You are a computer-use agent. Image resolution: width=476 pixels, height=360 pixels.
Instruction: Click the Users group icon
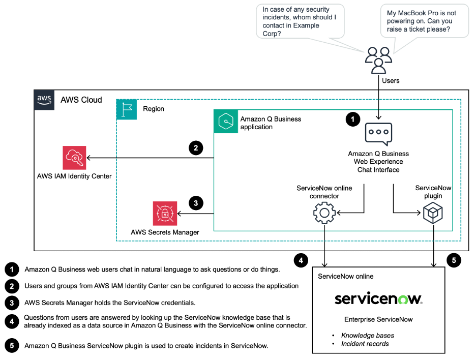click(378, 60)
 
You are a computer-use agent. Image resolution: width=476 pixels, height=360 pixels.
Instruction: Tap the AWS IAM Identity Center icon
click(74, 158)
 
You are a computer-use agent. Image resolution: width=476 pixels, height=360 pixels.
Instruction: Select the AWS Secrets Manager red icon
click(165, 214)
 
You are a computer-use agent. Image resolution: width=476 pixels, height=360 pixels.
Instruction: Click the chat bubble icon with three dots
click(378, 134)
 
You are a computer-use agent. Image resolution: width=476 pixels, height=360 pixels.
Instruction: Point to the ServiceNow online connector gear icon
click(324, 213)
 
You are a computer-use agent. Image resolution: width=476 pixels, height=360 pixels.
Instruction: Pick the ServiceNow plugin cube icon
click(433, 213)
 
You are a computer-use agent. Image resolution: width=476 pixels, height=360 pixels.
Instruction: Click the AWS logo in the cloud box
click(44, 100)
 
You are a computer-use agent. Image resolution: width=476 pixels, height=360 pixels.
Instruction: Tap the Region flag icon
click(127, 109)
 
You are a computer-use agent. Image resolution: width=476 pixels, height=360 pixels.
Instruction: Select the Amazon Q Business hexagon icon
click(226, 122)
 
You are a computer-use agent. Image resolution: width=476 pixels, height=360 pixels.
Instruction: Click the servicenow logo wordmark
click(378, 298)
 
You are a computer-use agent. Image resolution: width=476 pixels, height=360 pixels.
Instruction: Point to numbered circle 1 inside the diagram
click(353, 119)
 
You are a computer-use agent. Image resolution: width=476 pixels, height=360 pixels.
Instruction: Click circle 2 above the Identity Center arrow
click(196, 148)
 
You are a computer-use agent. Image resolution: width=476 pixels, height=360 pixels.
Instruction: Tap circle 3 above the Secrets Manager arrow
click(196, 203)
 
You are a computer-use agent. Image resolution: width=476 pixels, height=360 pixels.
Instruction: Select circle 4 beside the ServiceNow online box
click(301, 260)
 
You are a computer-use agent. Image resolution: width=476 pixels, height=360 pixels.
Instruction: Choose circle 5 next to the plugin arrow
click(454, 260)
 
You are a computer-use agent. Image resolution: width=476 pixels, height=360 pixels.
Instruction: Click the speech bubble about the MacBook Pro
click(425, 21)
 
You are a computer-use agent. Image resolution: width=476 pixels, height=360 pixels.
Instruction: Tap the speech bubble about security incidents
click(300, 21)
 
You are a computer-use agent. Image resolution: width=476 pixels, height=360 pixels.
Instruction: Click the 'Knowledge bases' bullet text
click(368, 336)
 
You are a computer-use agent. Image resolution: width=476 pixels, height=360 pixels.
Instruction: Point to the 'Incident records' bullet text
click(365, 344)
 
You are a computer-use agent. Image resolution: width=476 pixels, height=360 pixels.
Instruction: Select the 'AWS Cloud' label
click(81, 100)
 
